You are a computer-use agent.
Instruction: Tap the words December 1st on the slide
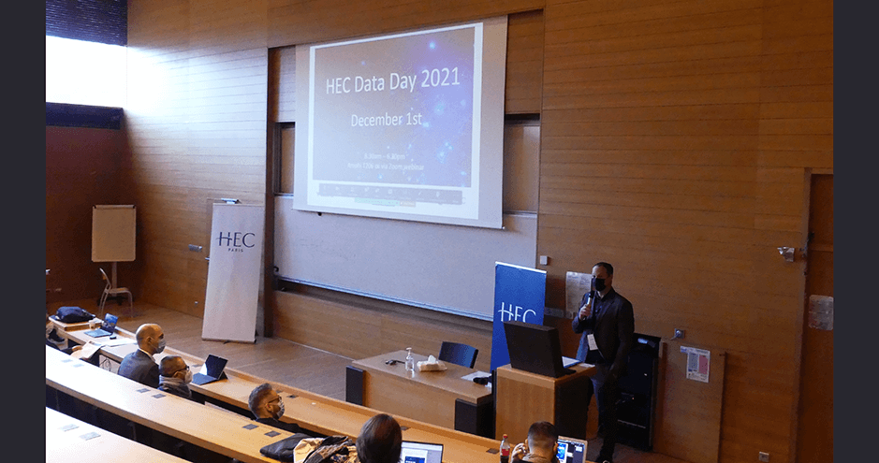tap(387, 120)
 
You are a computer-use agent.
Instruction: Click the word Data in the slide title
tap(386, 82)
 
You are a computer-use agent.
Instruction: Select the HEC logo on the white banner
tap(235, 240)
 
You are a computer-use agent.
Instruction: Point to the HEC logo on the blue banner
tap(518, 312)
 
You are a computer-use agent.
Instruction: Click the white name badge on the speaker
tap(592, 341)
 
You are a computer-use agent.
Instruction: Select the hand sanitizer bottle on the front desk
tap(409, 360)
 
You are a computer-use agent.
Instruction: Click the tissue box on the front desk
tap(432, 364)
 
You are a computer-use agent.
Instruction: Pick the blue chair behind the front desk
tap(459, 354)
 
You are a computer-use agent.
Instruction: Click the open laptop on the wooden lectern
tap(535, 349)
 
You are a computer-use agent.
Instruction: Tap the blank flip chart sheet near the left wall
tap(113, 233)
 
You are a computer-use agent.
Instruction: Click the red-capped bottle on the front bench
tap(505, 448)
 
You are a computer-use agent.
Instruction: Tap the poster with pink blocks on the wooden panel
tap(696, 364)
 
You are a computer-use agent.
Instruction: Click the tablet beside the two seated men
tap(212, 369)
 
